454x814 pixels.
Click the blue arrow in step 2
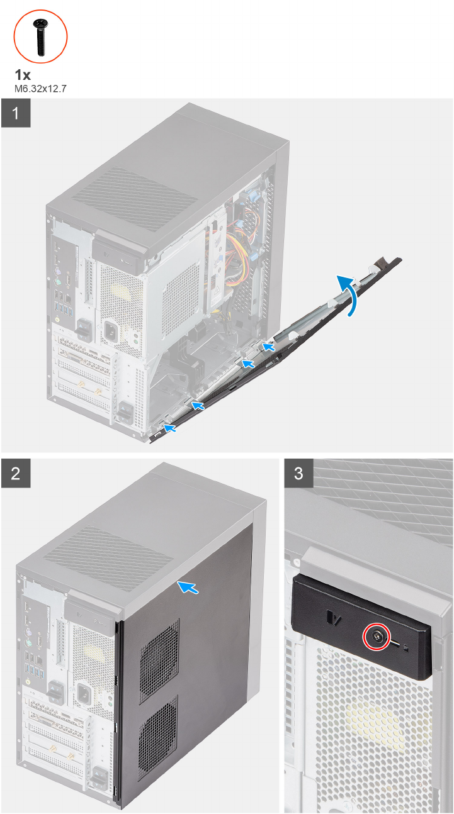[x=190, y=588]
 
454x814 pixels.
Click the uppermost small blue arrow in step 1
[x=269, y=345]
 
